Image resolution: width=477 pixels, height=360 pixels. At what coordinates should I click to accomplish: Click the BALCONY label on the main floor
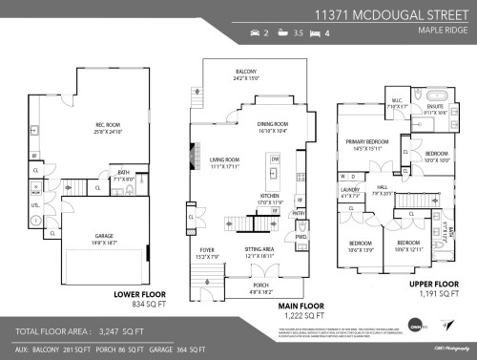(x=247, y=72)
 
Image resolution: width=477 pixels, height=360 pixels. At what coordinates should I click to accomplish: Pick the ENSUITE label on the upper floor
(x=433, y=108)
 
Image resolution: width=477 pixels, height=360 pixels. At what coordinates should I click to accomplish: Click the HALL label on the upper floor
(x=382, y=188)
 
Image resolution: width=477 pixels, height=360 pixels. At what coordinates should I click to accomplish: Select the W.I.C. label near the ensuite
(x=398, y=105)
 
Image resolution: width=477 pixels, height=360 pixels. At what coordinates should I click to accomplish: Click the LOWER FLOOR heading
(x=142, y=295)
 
